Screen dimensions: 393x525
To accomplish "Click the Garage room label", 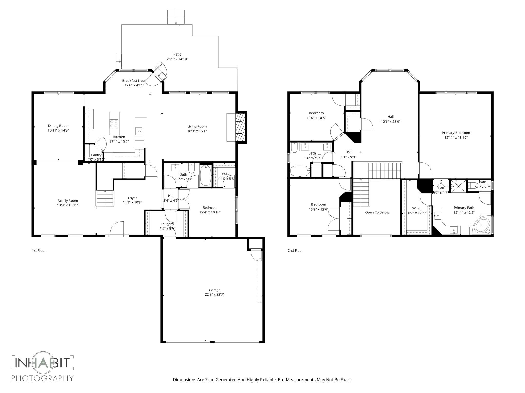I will [x=214, y=290].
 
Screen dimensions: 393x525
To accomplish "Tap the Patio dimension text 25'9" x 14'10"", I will [x=177, y=59].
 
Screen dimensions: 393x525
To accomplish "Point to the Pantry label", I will [x=96, y=155].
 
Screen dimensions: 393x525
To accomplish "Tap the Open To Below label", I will [x=377, y=212].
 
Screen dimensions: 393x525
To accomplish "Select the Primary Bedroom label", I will [x=456, y=133].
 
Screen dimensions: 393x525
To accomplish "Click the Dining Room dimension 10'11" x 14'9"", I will [x=58, y=130].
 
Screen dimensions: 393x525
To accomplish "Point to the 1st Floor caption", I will [x=39, y=250].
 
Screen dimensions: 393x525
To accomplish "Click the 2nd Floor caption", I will [x=295, y=250].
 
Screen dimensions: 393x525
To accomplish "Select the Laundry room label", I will [x=167, y=224].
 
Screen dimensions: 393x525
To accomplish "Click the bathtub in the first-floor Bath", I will [x=206, y=175].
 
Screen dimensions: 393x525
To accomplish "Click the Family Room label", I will [x=67, y=201].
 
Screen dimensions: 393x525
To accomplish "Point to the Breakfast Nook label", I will [x=134, y=81].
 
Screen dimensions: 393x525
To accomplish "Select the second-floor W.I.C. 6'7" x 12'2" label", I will [x=417, y=210].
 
